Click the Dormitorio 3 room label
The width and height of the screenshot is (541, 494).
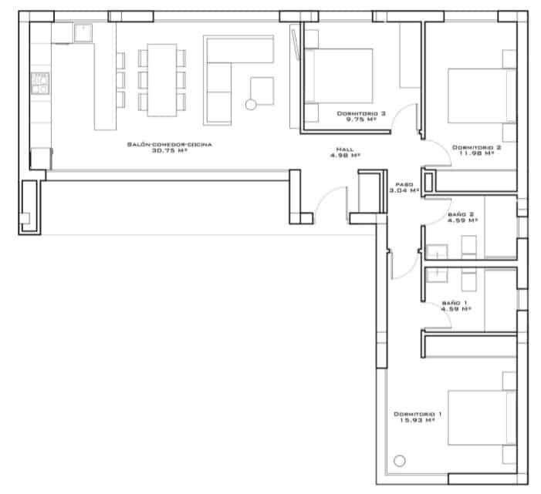(356, 113)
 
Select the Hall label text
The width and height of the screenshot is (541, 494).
(345, 149)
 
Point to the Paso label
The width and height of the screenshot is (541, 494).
(404, 184)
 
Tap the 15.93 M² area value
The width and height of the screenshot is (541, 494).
(417, 421)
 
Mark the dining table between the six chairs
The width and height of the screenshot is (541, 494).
(162, 80)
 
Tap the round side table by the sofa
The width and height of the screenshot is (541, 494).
(250, 105)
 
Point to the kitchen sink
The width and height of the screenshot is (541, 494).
(82, 32)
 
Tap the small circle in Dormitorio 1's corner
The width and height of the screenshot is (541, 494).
(399, 462)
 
